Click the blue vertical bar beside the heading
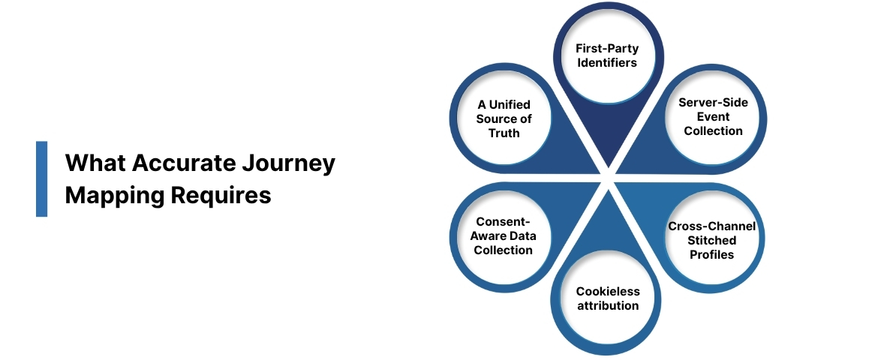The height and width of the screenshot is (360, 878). tap(41, 178)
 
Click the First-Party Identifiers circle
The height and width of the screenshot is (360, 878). tap(606, 55)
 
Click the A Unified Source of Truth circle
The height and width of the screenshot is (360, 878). tap(503, 118)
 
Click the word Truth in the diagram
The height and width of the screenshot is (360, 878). tap(503, 133)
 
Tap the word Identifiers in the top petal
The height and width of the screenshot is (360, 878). tap(606, 62)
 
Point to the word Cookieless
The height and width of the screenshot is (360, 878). tap(607, 291)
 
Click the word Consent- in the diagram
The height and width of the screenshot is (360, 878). tap(503, 222)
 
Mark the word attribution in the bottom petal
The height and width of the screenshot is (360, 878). tap(607, 305)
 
